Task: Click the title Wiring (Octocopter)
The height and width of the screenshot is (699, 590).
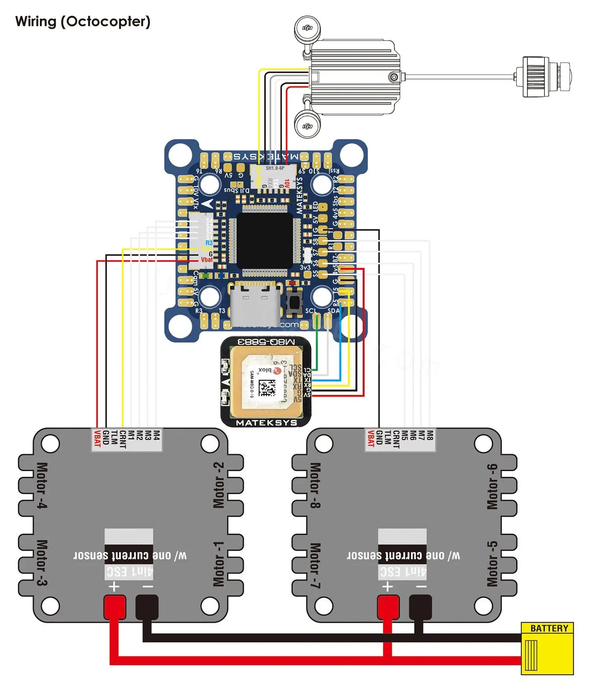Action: [x=83, y=21]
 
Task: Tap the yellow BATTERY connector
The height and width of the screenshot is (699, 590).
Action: [x=547, y=649]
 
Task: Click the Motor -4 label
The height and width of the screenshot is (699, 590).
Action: [x=42, y=485]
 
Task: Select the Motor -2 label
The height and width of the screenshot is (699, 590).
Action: [x=218, y=485]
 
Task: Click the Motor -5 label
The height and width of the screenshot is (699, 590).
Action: [x=492, y=564]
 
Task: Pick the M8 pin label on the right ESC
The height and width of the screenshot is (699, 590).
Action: [x=430, y=435]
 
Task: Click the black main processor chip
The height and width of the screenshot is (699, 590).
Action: [x=265, y=240]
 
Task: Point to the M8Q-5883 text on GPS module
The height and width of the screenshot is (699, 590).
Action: [x=266, y=342]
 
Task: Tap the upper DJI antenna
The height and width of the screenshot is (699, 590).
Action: [x=308, y=28]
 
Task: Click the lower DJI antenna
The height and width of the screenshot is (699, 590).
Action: [x=308, y=125]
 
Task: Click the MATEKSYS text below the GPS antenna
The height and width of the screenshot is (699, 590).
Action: [x=266, y=423]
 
